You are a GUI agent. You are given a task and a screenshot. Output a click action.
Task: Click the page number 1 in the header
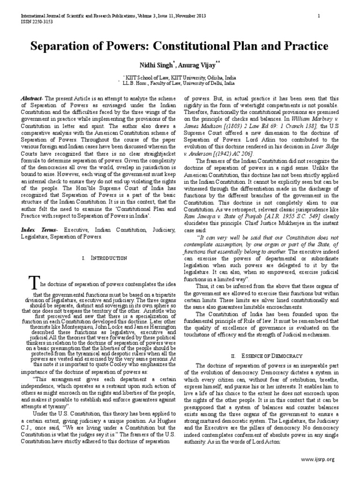click(x=318, y=15)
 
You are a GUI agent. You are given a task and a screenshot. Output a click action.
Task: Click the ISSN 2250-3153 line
click(x=35, y=21)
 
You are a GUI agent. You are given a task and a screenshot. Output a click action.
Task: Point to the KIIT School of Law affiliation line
click(x=180, y=76)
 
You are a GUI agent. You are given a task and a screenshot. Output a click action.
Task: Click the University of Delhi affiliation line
click(x=180, y=82)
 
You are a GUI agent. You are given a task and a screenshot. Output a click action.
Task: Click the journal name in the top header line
click(x=75, y=15)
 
